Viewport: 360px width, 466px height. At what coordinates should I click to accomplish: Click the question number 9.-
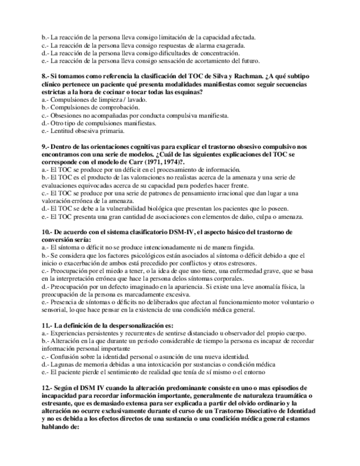46,147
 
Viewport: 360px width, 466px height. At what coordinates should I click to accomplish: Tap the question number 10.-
48,232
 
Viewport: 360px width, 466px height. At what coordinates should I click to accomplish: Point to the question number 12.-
48,387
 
